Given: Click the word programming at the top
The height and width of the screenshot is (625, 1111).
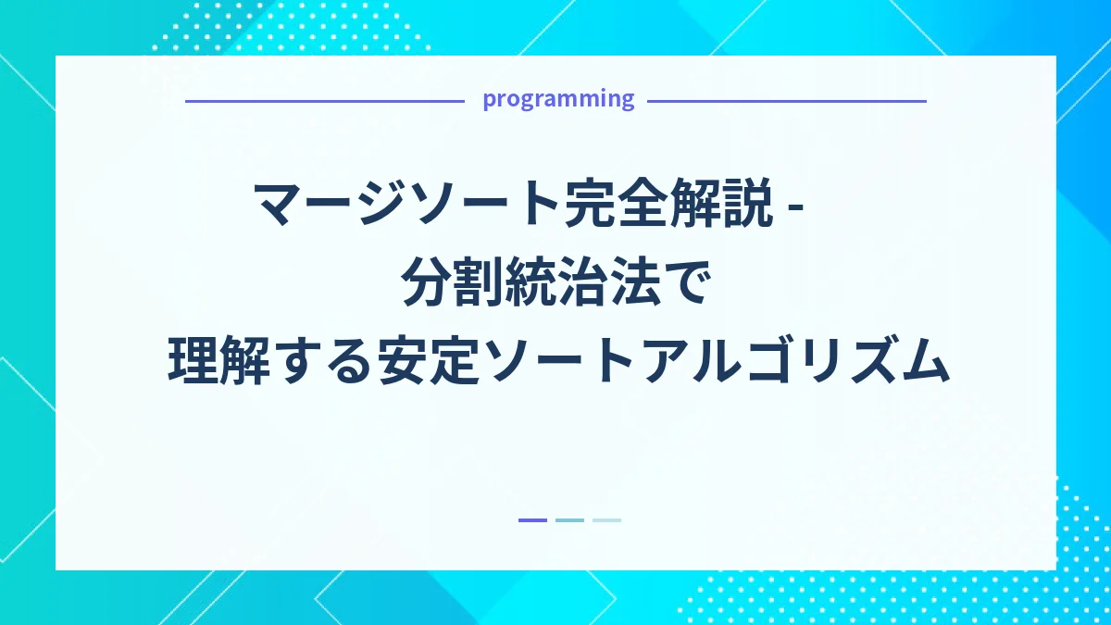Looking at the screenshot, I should (x=558, y=99).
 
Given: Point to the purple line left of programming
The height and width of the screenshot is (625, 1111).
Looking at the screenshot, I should (x=324, y=101).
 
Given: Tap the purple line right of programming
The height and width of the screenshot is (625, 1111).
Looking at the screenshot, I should (x=787, y=101).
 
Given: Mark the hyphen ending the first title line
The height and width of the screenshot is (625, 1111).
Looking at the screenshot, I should (x=793, y=207).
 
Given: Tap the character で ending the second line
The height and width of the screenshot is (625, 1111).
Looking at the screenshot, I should (x=688, y=282).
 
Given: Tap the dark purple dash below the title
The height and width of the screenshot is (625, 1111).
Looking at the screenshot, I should (x=532, y=520).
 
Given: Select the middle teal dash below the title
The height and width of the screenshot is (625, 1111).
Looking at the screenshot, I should (x=569, y=520).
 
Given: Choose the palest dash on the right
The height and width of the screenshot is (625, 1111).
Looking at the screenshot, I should (x=606, y=520).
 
